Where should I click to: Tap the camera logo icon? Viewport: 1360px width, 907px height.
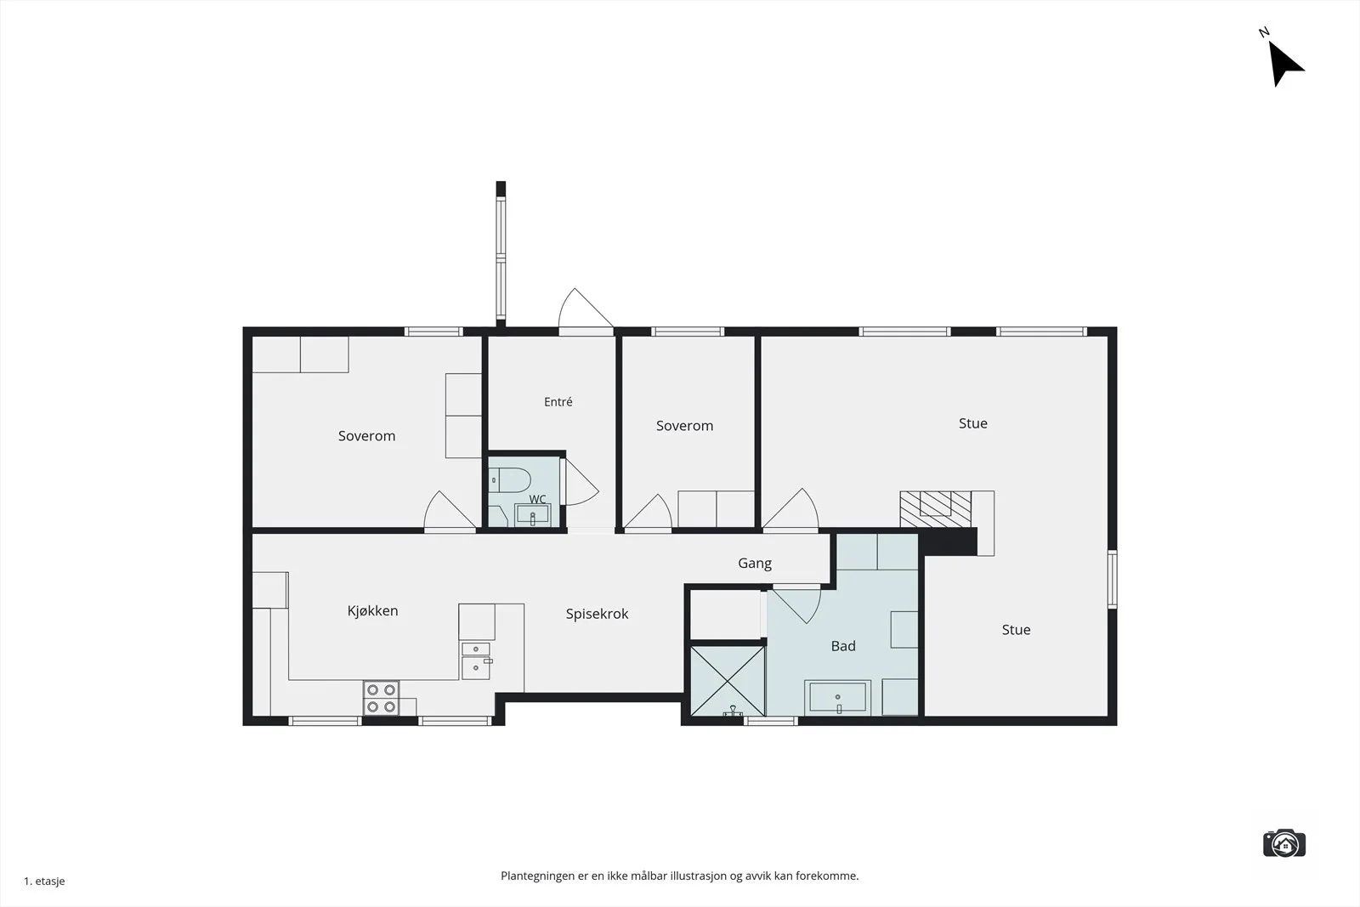pyautogui.click(x=1284, y=843)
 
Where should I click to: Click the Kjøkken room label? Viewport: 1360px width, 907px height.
pyautogui.click(x=373, y=610)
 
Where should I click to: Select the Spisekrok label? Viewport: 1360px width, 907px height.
pyautogui.click(x=597, y=614)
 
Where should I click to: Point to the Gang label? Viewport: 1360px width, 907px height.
pyautogui.click(x=755, y=564)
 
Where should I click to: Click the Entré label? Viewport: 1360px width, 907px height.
pyautogui.click(x=558, y=401)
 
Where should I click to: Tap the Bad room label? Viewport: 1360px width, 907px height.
pyautogui.click(x=843, y=646)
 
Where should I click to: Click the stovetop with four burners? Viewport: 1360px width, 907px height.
pyautogui.click(x=382, y=698)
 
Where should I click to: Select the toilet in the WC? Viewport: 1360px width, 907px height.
pyautogui.click(x=509, y=480)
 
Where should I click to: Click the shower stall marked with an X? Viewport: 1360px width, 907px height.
pyautogui.click(x=728, y=681)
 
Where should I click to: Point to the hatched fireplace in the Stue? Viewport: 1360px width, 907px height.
pyautogui.click(x=935, y=508)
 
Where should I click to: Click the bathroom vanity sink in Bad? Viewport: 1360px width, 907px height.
pyautogui.click(x=838, y=698)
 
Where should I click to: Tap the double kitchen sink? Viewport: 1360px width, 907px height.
pyautogui.click(x=476, y=660)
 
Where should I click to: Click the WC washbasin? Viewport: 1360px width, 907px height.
pyautogui.click(x=532, y=515)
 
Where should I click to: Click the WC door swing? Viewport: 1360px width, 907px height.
pyautogui.click(x=581, y=482)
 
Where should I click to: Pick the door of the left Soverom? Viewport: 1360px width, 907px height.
pyautogui.click(x=450, y=510)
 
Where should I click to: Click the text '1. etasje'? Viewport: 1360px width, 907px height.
pyautogui.click(x=44, y=881)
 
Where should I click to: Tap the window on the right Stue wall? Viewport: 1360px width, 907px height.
pyautogui.click(x=1113, y=579)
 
